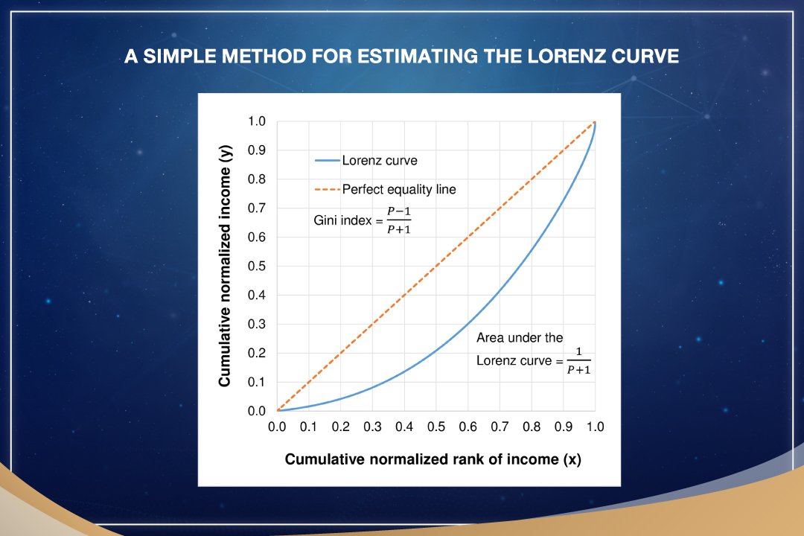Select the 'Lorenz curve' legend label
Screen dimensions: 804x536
(380, 161)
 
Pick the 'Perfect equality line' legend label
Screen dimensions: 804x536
(399, 189)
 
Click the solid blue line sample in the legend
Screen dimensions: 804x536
(327, 161)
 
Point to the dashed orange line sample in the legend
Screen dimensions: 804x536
(327, 190)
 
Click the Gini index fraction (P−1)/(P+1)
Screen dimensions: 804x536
(399, 220)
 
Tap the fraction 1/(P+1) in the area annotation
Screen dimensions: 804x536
(579, 360)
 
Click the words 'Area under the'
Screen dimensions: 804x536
(520, 337)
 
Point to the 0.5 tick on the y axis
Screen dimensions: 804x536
(256, 267)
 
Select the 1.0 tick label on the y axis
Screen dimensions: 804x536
(256, 121)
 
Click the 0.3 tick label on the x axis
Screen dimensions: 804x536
(372, 427)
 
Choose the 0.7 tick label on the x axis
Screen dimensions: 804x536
(500, 427)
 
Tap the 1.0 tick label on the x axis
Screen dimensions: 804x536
(595, 427)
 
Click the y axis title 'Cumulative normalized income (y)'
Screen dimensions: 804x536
(225, 266)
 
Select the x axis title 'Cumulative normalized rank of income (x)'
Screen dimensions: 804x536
(433, 459)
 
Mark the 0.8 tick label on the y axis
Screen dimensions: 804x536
(256, 179)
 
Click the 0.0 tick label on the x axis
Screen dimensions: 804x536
(277, 427)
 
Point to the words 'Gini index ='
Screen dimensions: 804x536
(348, 220)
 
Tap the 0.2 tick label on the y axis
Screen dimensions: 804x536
(256, 353)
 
